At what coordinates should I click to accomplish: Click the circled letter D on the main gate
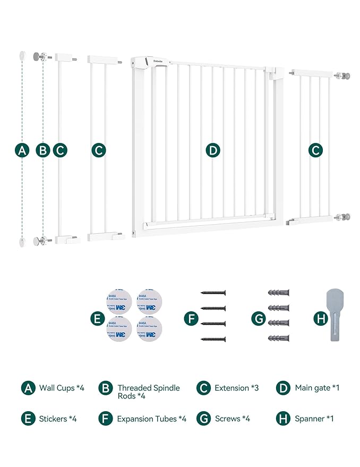pyautogui.click(x=213, y=150)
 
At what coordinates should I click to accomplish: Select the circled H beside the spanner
pyautogui.click(x=320, y=319)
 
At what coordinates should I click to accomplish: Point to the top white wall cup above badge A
pyautogui.click(x=22, y=55)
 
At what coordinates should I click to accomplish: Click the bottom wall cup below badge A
pyautogui.click(x=22, y=242)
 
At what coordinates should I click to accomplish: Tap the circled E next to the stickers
pyautogui.click(x=97, y=319)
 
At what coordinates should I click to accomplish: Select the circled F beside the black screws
pyautogui.click(x=191, y=319)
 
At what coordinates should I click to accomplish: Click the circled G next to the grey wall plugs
pyautogui.click(x=258, y=319)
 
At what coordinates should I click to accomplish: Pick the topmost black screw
pyautogui.click(x=213, y=292)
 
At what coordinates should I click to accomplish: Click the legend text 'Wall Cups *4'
pyautogui.click(x=62, y=388)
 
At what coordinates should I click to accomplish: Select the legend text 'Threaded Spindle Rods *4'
pyautogui.click(x=148, y=392)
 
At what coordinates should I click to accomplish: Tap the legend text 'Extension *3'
pyautogui.click(x=236, y=388)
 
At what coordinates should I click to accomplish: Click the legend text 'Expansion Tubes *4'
pyautogui.click(x=151, y=419)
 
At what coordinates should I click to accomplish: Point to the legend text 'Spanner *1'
pyautogui.click(x=314, y=419)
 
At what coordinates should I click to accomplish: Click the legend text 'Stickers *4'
pyautogui.click(x=58, y=419)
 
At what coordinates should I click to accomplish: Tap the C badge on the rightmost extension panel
pyautogui.click(x=316, y=150)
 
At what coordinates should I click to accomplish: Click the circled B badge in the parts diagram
pyautogui.click(x=42, y=150)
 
